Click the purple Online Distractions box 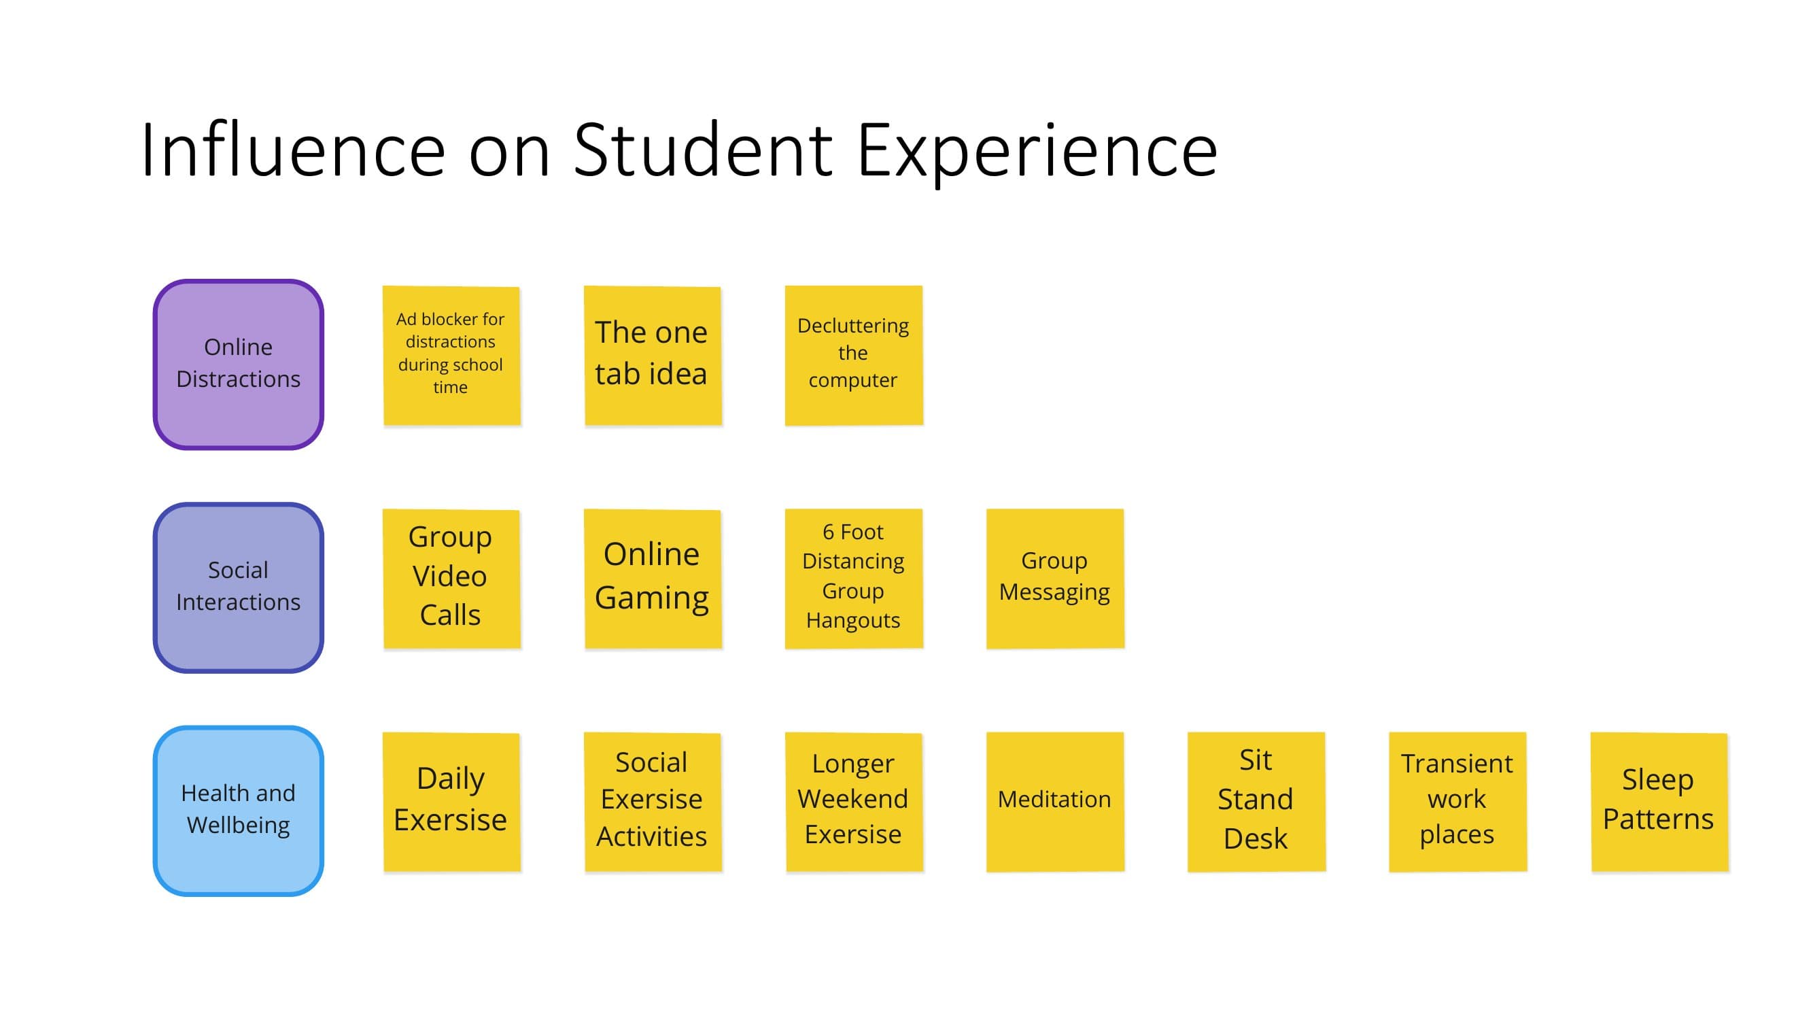(238, 364)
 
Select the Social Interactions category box (238, 587)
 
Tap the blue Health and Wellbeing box (238, 811)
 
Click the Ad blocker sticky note (451, 355)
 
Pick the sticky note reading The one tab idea (653, 355)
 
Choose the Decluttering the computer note (853, 355)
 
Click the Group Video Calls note (451, 578)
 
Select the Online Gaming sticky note (653, 578)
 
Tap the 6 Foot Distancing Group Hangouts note (853, 578)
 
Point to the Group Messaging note (1054, 578)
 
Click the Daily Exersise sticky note (451, 801)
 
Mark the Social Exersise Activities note (653, 801)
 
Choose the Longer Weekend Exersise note (853, 801)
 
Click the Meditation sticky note (1054, 801)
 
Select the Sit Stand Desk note (1256, 801)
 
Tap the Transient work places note (1457, 801)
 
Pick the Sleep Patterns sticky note (1658, 801)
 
